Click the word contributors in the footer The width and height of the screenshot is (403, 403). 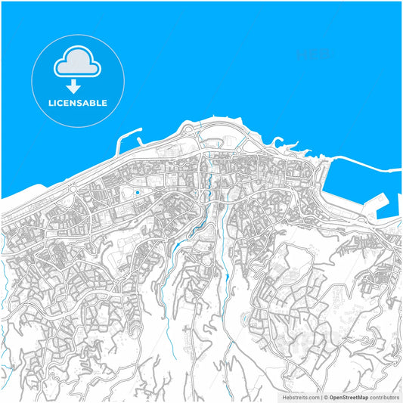coord(384,396)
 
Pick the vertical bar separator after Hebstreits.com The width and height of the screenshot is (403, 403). coord(320,396)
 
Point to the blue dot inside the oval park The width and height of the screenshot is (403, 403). coord(137,192)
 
